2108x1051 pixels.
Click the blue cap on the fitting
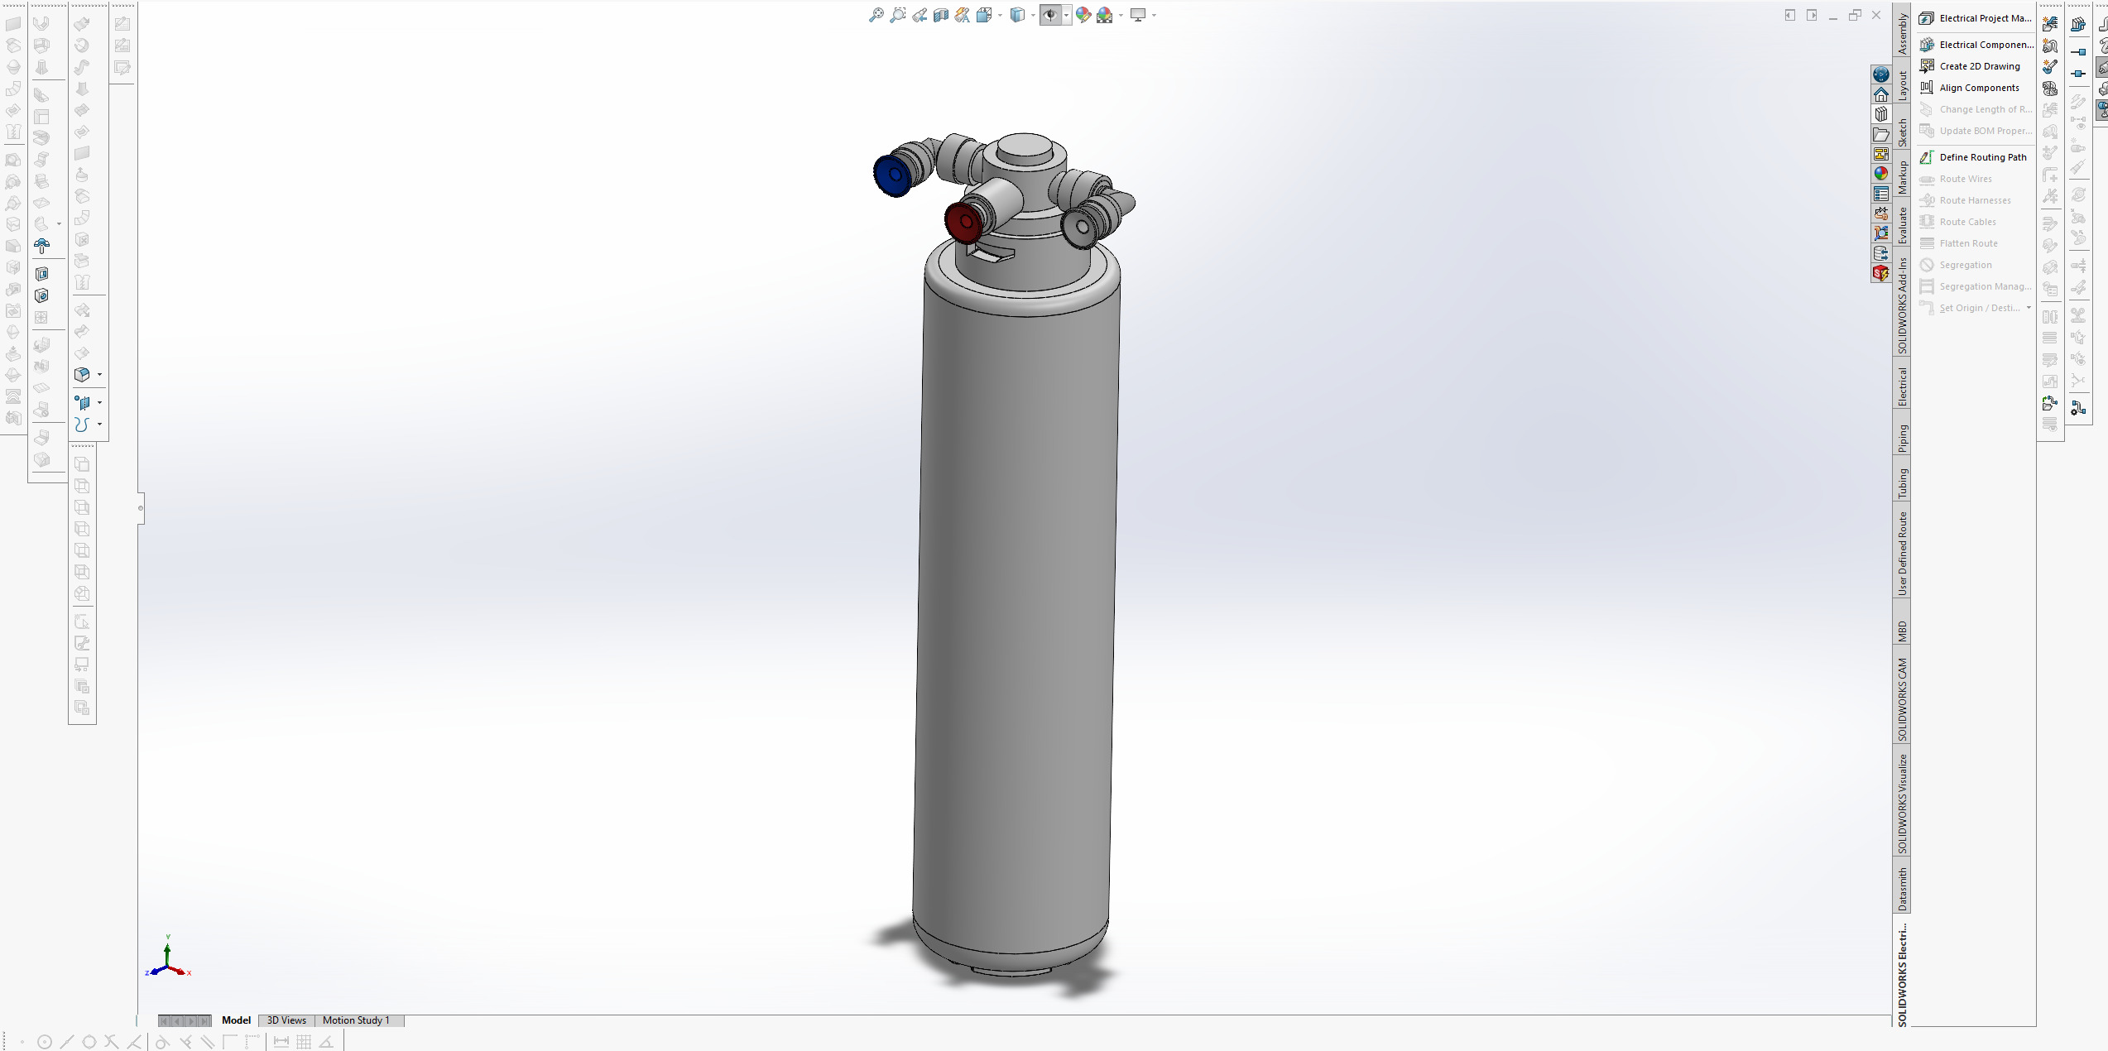[x=892, y=175]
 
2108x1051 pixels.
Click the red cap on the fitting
[x=963, y=221]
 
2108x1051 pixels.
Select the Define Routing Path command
[x=1982, y=157]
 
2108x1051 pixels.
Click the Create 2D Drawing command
[x=1979, y=66]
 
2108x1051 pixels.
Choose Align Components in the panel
[x=1979, y=88]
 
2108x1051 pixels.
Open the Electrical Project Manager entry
[x=1984, y=18]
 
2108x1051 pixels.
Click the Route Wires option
[x=1966, y=179]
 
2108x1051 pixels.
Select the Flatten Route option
[x=1968, y=243]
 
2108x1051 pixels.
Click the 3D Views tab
[x=286, y=1020]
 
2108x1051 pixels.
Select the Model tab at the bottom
[x=236, y=1020]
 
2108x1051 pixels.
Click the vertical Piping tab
[x=1903, y=439]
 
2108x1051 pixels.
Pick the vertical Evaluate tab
[x=1903, y=225]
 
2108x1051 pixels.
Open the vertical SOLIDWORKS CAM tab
[x=1903, y=699]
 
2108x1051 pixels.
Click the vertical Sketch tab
[x=1903, y=132]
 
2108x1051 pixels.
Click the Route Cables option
[x=1967, y=222]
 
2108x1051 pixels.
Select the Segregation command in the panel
[x=1966, y=265]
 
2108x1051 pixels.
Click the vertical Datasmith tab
[x=1903, y=889]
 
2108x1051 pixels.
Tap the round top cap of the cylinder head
[x=1024, y=149]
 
